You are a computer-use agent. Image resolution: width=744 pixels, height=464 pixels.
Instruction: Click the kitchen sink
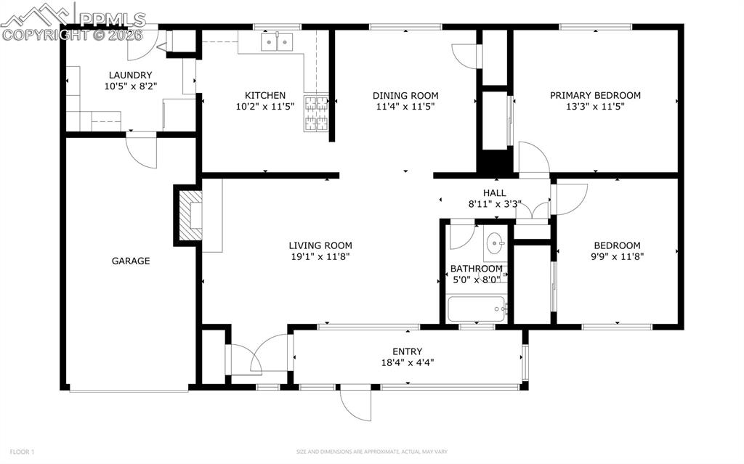277,42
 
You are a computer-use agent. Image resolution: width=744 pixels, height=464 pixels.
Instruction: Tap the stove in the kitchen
316,113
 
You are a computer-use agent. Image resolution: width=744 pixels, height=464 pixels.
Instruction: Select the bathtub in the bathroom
477,309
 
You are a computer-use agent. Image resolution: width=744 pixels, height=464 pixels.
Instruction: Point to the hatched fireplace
190,216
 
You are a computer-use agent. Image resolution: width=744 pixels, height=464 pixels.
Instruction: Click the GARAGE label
131,261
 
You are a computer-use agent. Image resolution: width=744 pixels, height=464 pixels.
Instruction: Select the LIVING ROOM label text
320,245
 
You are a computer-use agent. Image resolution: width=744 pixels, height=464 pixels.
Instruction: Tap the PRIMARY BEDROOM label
595,95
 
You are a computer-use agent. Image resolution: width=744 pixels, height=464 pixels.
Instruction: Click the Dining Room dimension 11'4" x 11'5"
405,107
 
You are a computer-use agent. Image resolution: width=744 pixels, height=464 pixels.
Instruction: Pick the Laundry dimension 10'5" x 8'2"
131,86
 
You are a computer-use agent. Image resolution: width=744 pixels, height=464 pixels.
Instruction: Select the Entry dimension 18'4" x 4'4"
407,363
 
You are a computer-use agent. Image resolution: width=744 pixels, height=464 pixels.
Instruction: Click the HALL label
494,193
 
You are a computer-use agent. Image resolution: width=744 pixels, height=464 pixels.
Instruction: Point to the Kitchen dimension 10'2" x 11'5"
265,107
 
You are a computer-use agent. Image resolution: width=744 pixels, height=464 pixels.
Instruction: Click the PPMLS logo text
113,20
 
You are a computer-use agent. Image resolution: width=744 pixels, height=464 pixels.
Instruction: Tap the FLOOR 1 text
22,452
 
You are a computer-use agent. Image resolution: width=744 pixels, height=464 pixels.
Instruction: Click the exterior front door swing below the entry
355,404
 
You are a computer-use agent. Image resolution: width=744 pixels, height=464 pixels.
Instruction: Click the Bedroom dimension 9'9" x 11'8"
617,256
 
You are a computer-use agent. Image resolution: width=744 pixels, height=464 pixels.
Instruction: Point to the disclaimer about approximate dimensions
371,452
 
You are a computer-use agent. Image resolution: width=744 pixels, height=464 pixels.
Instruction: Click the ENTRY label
407,351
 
